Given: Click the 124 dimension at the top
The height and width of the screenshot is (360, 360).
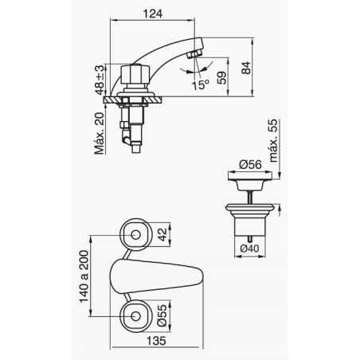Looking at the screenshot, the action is pos(153,14).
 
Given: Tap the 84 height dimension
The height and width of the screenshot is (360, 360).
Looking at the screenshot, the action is pos(246,68).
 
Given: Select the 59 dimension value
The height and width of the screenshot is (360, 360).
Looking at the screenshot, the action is pos(222,78).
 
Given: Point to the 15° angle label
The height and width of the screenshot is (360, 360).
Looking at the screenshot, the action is pos(201,84).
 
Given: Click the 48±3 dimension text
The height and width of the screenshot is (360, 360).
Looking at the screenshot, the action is pos(100,80).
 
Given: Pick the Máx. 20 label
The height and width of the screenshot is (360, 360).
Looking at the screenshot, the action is pos(100,134).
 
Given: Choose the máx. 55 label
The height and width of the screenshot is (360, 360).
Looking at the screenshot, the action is pos(273,141).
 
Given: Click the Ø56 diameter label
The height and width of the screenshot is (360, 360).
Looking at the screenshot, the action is pos(250,164).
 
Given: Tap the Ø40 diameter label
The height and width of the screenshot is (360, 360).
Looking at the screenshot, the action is pos(249,248).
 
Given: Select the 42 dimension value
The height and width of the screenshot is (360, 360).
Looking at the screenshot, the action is pos(162,235).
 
